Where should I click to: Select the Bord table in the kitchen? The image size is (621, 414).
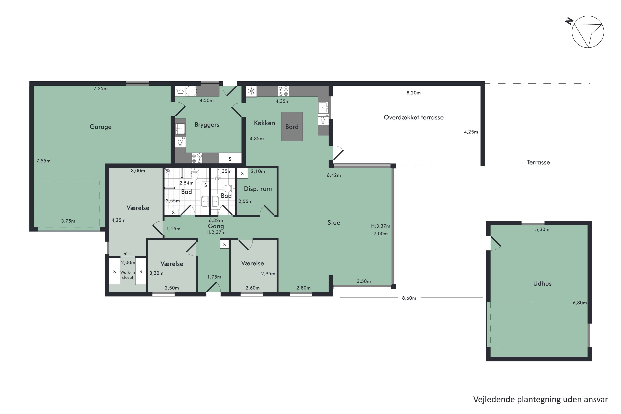(x=292, y=126)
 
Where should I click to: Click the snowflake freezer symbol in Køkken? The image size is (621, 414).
(x=251, y=91)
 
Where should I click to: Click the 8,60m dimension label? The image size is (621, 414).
(x=409, y=298)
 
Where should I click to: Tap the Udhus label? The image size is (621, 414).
(x=542, y=284)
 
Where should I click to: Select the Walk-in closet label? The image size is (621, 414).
(x=128, y=275)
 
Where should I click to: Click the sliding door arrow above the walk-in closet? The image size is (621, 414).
(x=128, y=254)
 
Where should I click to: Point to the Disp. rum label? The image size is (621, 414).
(x=258, y=189)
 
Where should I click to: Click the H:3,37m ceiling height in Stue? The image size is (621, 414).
(x=380, y=226)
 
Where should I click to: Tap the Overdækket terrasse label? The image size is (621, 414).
(x=413, y=118)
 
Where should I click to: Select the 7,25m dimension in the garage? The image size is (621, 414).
(x=101, y=88)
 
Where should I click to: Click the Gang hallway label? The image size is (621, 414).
(x=216, y=226)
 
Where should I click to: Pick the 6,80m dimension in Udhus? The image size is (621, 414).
(x=580, y=303)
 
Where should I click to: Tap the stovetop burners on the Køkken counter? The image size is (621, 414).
(x=283, y=91)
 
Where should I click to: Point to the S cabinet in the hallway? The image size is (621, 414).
(x=224, y=244)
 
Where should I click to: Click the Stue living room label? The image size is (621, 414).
(x=334, y=223)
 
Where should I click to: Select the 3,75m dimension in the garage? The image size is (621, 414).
(x=68, y=221)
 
